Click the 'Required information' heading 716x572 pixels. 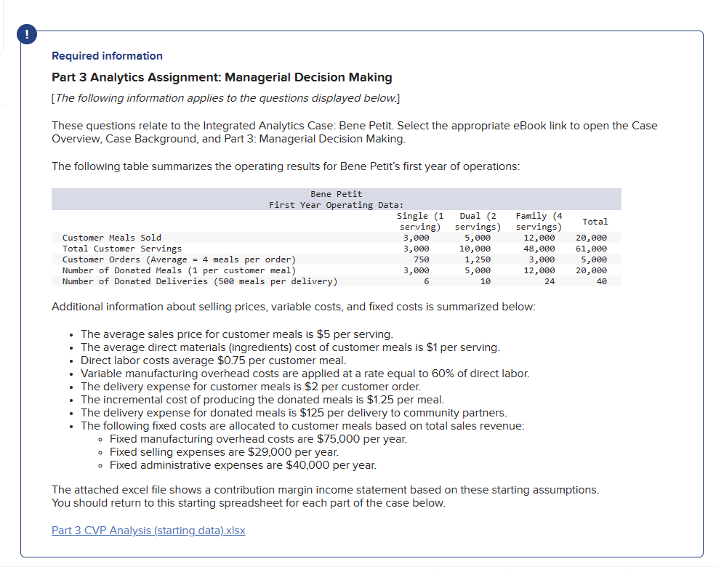tap(107, 56)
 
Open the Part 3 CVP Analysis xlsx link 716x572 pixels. tap(148, 530)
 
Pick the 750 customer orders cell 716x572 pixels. tap(421, 259)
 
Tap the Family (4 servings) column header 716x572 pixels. tap(539, 221)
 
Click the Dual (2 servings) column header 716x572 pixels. tap(478, 221)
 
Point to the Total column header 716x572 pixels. tap(595, 221)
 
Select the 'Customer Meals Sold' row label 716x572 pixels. tap(112, 238)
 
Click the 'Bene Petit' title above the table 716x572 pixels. tap(336, 194)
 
